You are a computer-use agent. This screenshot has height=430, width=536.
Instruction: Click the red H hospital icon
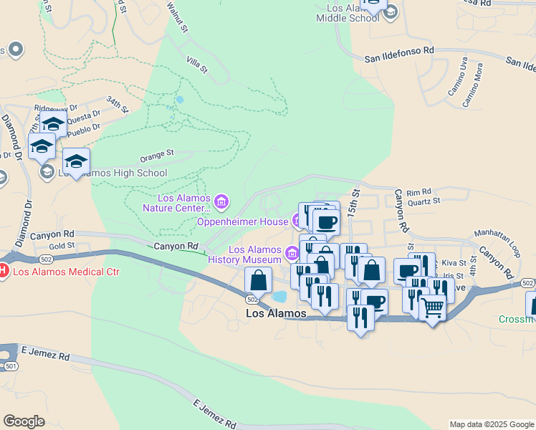pyautogui.click(x=4, y=272)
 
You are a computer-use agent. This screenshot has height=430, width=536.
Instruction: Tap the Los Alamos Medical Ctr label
pyautogui.click(x=66, y=272)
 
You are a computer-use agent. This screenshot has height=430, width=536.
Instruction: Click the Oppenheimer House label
pyautogui.click(x=242, y=221)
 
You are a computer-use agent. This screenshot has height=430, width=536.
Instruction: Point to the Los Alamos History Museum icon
pyautogui.click(x=292, y=253)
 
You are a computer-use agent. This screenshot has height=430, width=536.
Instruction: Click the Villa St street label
pyautogui.click(x=196, y=66)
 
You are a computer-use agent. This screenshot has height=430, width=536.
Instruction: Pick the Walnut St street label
pyautogui.click(x=176, y=18)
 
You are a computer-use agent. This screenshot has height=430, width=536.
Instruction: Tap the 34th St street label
pyautogui.click(x=117, y=105)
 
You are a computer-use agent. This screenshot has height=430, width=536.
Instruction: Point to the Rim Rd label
pyautogui.click(x=418, y=192)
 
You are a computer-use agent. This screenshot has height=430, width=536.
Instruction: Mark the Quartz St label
pyautogui.click(x=423, y=201)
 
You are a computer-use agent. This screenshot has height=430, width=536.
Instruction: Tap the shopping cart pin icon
pyautogui.click(x=432, y=308)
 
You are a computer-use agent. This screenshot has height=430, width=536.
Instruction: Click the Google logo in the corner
pyautogui.click(x=24, y=421)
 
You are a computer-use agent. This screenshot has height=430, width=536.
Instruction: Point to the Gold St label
pyautogui.click(x=62, y=246)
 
